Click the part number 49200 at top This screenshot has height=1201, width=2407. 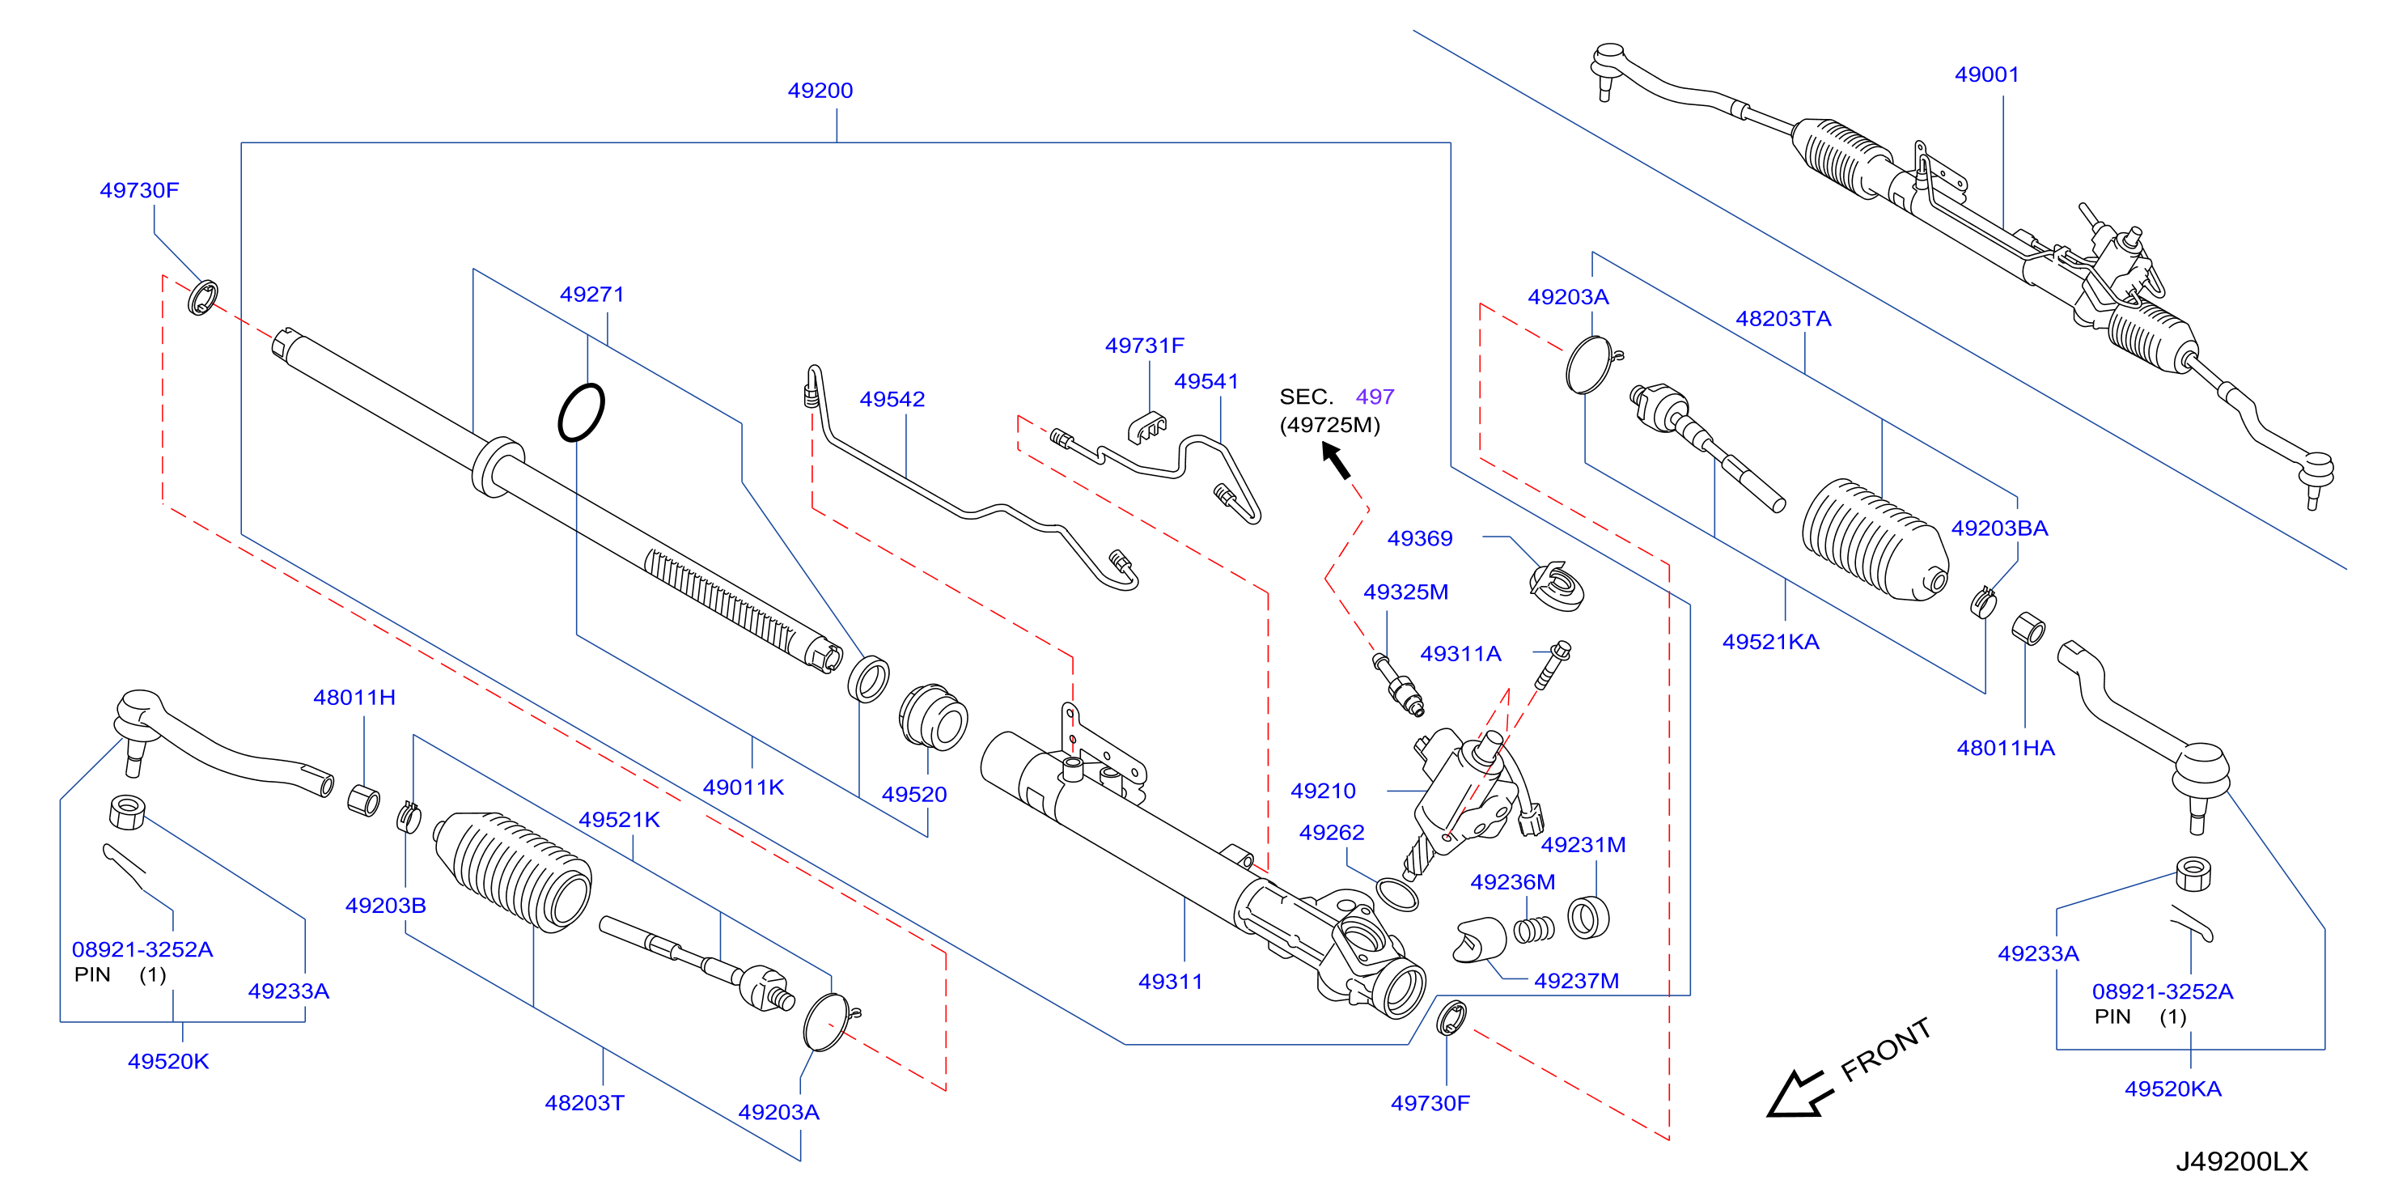click(820, 91)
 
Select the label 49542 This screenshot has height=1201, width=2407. click(892, 399)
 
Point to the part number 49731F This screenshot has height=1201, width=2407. click(1144, 346)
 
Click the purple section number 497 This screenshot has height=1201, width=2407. click(1375, 397)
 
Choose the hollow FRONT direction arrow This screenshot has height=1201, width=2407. click(1799, 1093)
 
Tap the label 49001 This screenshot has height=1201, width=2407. click(1986, 74)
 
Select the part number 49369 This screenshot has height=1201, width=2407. click(1419, 538)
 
